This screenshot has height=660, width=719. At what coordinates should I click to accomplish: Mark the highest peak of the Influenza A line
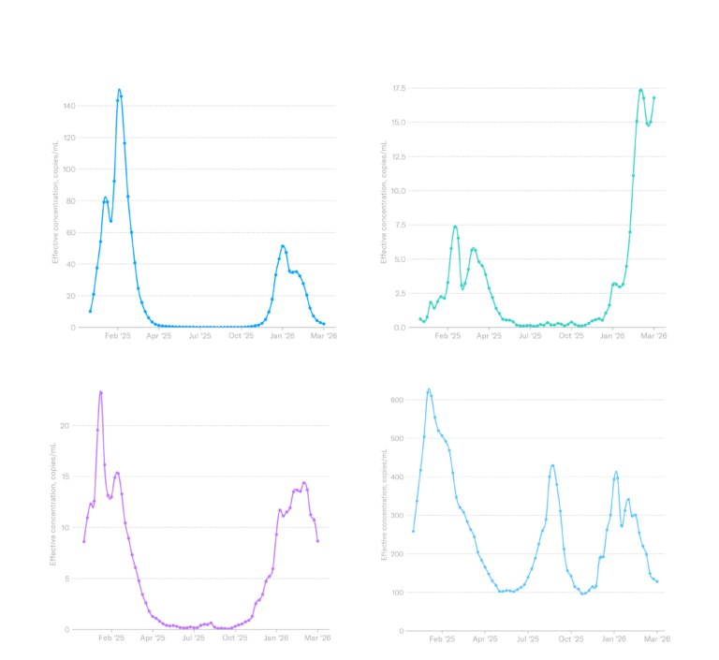pos(119,90)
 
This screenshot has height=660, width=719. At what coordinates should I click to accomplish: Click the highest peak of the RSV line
pos(100,391)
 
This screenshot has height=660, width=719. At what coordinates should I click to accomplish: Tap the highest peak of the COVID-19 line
pos(429,389)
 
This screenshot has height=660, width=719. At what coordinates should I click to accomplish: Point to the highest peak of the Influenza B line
pos(640,91)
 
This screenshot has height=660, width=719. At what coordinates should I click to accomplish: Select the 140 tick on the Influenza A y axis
pos(69,106)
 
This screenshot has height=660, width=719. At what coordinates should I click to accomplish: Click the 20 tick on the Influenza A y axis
pos(71,296)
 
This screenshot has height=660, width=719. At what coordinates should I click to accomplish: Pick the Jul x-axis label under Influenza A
pos(200,335)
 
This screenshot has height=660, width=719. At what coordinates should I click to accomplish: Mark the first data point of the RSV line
pos(83,542)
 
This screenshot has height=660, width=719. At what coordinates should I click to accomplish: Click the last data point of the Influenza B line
pos(654,96)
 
